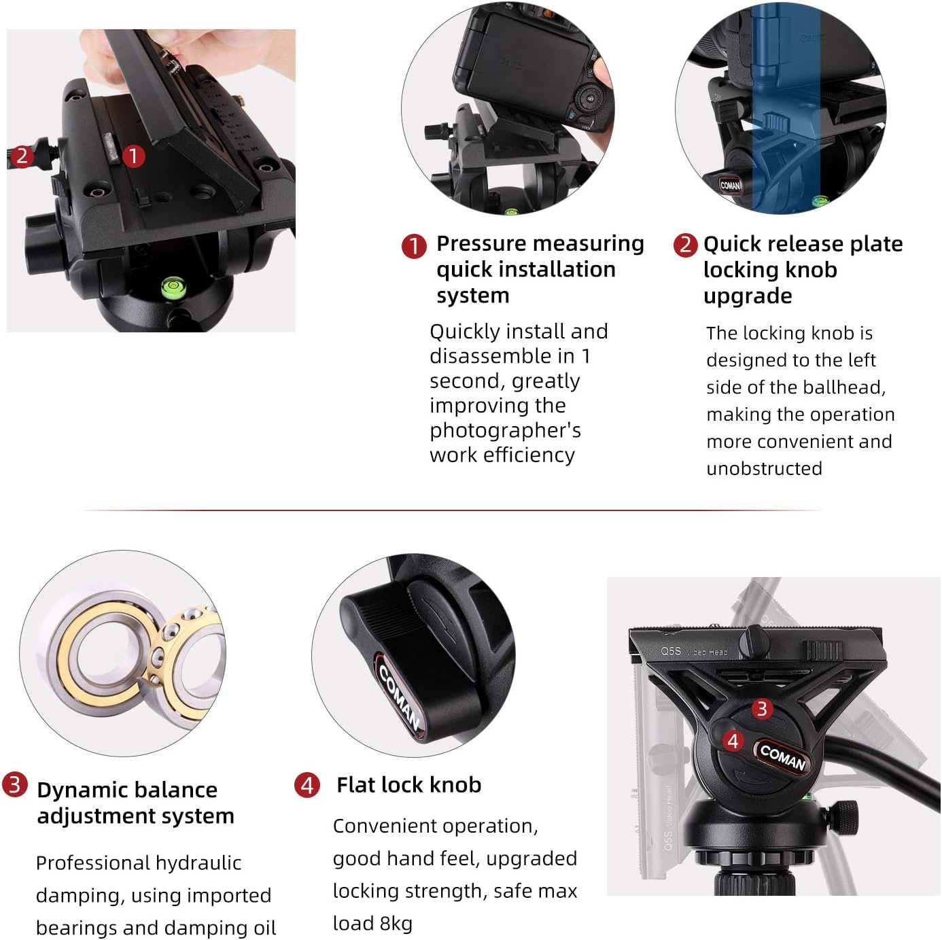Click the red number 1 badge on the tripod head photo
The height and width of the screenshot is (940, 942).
tap(133, 156)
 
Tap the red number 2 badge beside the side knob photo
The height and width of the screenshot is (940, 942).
tap(22, 156)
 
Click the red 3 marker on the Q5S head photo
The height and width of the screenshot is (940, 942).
tap(762, 709)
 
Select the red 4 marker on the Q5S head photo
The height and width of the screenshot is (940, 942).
tap(733, 741)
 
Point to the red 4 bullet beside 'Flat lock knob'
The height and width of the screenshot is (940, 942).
tap(307, 785)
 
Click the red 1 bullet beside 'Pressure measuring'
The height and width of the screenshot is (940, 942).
tap(414, 245)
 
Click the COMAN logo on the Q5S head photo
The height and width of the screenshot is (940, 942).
tap(782, 758)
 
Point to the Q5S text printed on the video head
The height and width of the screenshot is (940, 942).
tap(671, 650)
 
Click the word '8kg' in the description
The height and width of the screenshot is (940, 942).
tap(396, 924)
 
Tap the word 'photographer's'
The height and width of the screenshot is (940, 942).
tap(506, 430)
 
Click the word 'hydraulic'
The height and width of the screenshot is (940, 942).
tap(198, 863)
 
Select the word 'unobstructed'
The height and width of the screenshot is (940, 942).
tap(764, 468)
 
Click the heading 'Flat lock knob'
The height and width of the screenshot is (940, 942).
tap(409, 785)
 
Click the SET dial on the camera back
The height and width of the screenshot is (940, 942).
tap(590, 99)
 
